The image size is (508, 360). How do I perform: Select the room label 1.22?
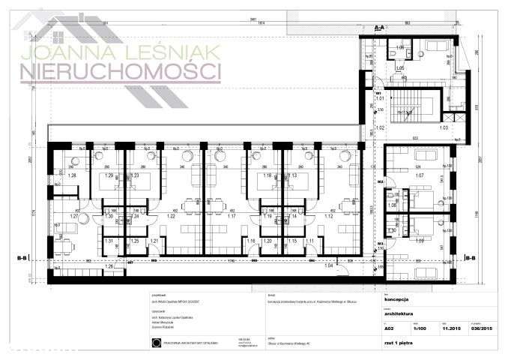[x=171, y=216]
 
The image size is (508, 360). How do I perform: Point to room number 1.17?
[x=232, y=216]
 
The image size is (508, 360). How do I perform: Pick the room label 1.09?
[x=420, y=240]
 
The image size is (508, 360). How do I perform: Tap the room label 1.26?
[x=110, y=265]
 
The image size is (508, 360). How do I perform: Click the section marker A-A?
[x=380, y=27]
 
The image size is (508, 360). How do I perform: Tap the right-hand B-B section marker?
[x=470, y=259]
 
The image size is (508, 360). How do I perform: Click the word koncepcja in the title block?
[x=394, y=296]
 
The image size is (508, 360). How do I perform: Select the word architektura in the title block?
[x=399, y=313]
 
